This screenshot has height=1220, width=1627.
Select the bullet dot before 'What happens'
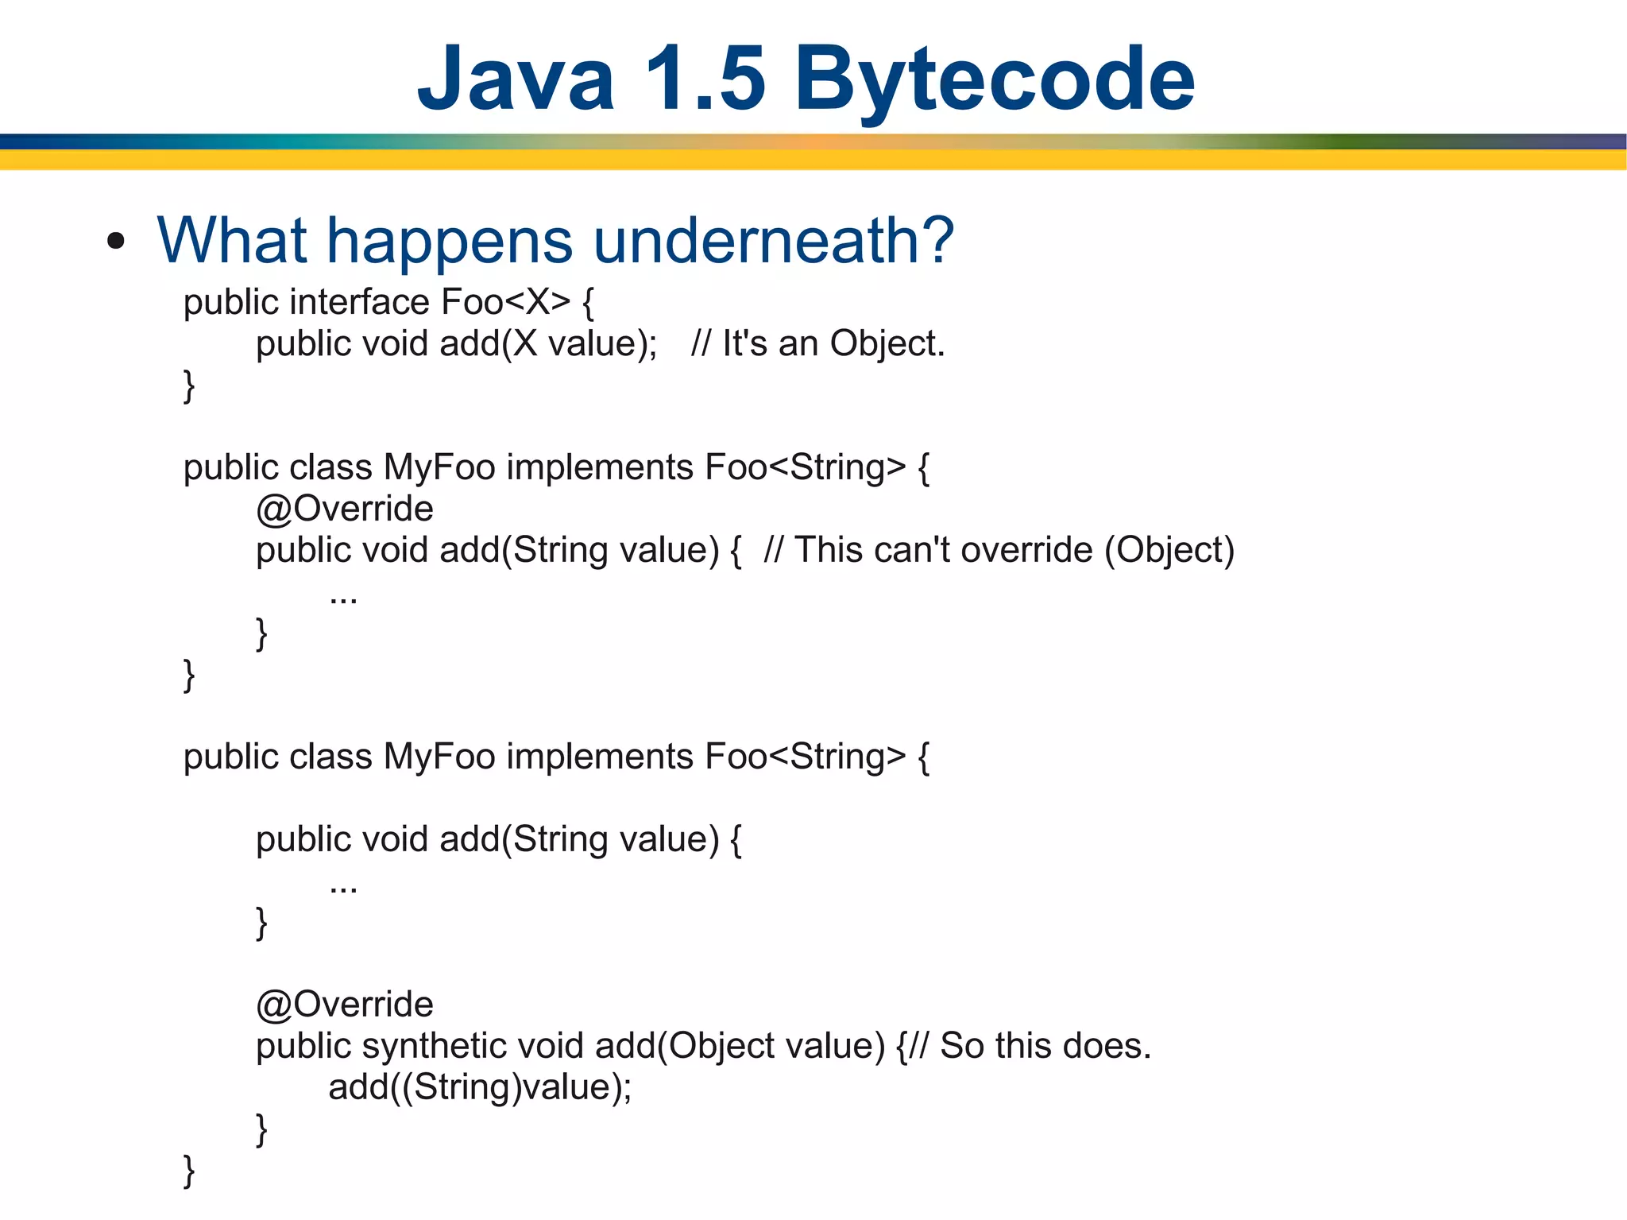coord(116,242)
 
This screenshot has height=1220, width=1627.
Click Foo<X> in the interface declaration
coord(505,303)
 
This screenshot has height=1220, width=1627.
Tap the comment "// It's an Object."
coord(817,344)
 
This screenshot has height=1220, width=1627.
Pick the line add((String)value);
coord(480,1087)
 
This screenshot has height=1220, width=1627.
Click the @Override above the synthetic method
coord(345,1005)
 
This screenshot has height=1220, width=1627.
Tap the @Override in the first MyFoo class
coord(345,509)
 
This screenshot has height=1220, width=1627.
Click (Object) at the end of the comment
coord(1169,550)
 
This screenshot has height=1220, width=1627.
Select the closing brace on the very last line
coord(189,1171)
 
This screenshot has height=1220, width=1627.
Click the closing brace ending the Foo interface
coord(189,386)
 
